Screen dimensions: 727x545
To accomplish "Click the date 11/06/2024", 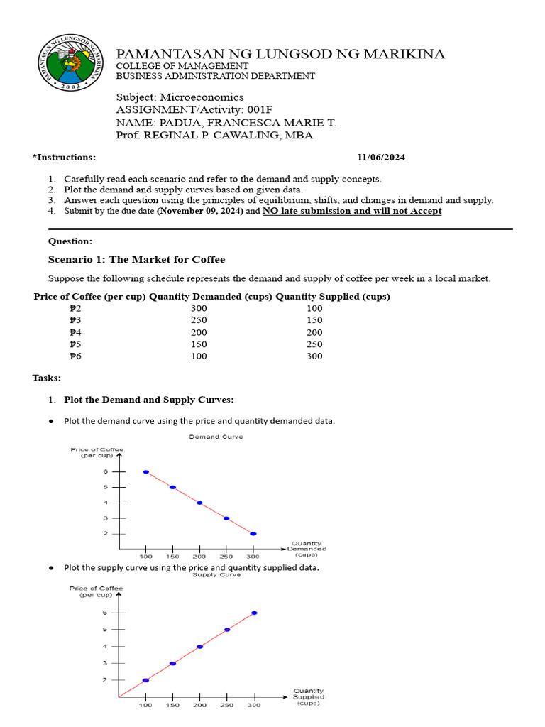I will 381,158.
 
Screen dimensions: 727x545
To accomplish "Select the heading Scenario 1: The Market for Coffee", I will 136,259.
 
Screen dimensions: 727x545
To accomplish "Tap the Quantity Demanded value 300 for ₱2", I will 199,308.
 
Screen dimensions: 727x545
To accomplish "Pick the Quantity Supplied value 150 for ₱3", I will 314,320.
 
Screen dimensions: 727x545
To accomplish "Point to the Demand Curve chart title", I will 216,437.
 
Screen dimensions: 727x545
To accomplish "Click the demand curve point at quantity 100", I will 145,471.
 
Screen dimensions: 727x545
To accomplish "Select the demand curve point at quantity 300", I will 253,533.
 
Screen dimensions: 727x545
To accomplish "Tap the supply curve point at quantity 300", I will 254,613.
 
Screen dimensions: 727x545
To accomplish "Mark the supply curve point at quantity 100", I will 145,680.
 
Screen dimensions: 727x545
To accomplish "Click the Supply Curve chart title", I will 216,574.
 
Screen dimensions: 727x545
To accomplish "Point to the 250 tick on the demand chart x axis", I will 226,557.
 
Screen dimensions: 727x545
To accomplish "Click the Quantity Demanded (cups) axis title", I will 307,549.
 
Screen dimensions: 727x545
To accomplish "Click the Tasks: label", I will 47,378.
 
